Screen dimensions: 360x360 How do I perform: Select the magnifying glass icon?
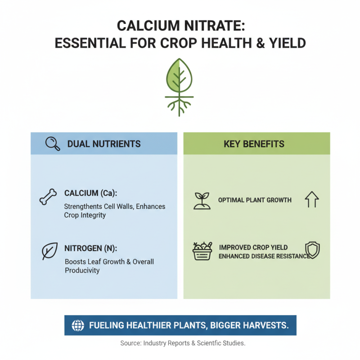tap(53, 144)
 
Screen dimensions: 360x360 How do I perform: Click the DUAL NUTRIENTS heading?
tap(104, 144)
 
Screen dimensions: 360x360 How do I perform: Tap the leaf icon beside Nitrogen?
tap(49, 251)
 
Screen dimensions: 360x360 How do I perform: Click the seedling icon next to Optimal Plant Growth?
tap(202, 201)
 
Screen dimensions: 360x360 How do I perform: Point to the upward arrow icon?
tap(311, 199)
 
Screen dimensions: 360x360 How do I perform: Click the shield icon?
tap(311, 250)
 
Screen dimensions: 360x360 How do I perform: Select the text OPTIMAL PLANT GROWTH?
tap(255, 200)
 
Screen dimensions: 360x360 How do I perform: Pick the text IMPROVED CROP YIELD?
tap(253, 247)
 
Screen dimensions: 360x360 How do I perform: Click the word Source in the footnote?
tap(130, 343)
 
